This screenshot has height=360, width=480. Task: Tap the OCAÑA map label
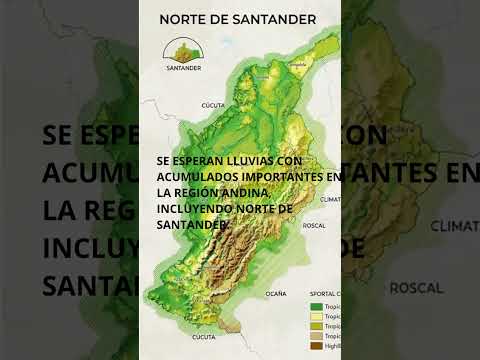point(276,293)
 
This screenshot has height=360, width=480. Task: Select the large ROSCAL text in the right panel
point(415,288)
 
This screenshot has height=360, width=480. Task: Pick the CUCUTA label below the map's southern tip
point(204,338)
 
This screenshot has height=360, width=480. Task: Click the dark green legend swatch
point(317,306)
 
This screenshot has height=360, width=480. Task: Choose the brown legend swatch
point(317,345)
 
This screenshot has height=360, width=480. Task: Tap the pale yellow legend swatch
point(317,316)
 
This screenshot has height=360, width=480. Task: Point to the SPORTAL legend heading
point(322,294)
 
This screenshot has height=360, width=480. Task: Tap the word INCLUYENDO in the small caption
point(198,208)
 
